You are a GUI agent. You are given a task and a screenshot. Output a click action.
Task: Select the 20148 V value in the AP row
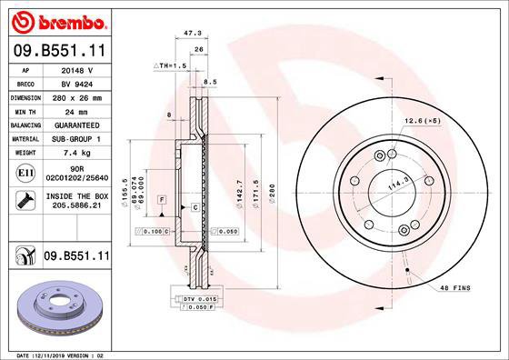click(77, 68)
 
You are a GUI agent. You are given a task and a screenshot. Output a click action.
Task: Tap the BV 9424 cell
click(77, 82)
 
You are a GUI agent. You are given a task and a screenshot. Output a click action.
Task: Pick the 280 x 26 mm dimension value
click(77, 95)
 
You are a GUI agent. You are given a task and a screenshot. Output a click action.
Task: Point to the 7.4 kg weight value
click(77, 153)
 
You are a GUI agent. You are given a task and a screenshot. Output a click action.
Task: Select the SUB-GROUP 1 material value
click(77, 138)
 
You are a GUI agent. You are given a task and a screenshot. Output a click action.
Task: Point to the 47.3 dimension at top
click(192, 32)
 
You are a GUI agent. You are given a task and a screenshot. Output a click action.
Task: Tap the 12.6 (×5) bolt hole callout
click(423, 120)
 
